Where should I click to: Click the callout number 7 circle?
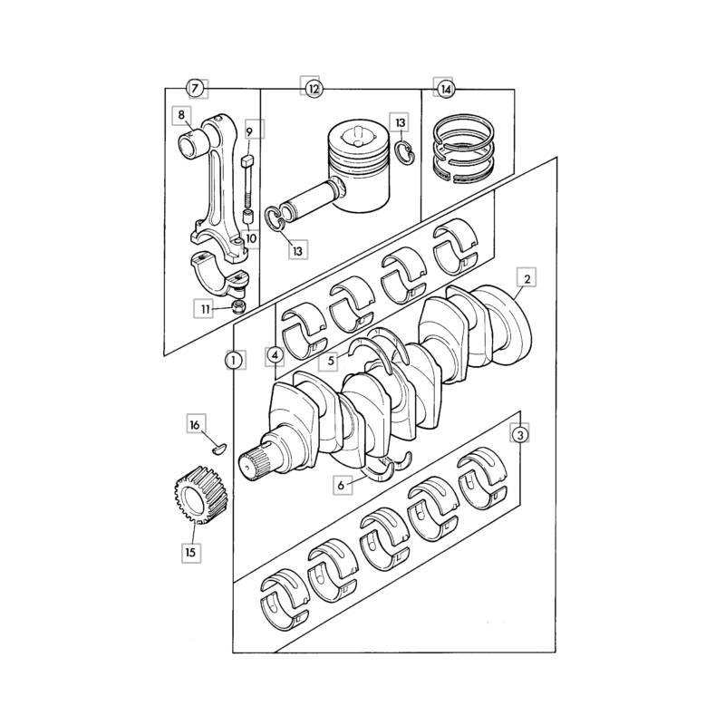point(195,88)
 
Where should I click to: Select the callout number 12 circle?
point(314,88)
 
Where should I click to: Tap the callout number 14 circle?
point(446,89)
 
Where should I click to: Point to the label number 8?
point(181,115)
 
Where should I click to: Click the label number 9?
point(250,132)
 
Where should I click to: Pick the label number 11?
point(205,309)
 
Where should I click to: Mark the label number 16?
point(195,424)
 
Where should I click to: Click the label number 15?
point(191,552)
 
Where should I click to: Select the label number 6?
point(342,485)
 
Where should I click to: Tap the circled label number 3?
point(520,435)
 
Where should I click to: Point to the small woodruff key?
point(219,448)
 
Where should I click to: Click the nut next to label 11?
point(239,305)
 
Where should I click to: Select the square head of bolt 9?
point(248,162)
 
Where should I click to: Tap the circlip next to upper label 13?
point(405,152)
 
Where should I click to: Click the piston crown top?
point(358,138)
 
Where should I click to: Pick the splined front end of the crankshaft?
point(254,465)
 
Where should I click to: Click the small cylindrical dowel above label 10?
point(248,217)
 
